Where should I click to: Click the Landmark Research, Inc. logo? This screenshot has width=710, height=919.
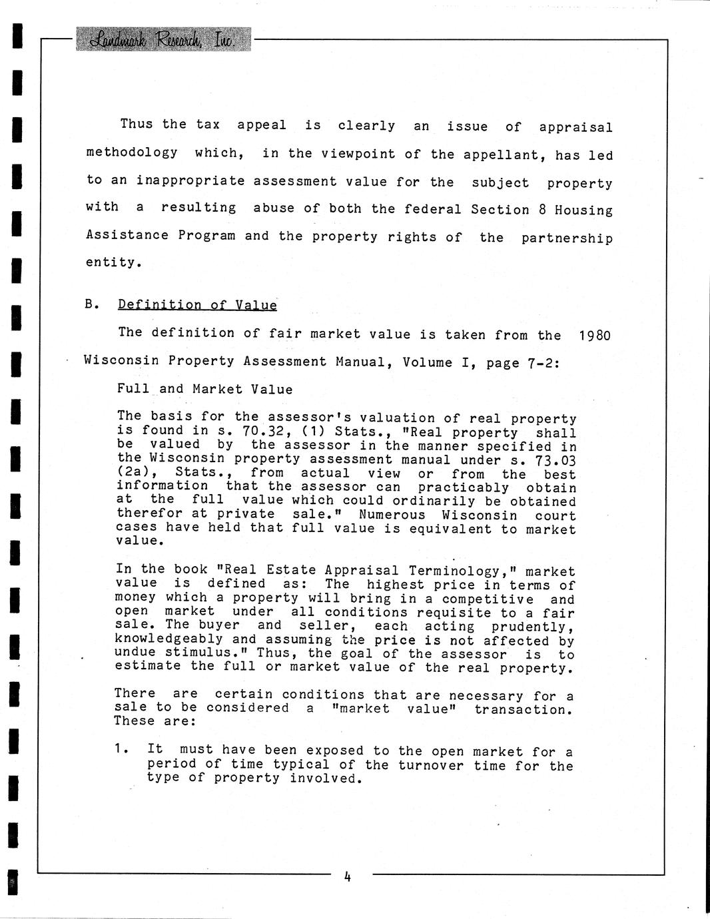(163, 40)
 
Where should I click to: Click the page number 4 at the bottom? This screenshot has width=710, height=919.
(347, 876)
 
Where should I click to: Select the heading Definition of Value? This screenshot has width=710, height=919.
(197, 305)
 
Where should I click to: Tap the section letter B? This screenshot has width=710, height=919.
(91, 304)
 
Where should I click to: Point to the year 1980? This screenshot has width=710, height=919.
(594, 335)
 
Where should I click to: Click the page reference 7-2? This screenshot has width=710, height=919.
(541, 363)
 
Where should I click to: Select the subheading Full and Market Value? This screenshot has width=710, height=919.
(204, 389)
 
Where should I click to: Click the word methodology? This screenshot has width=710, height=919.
(132, 153)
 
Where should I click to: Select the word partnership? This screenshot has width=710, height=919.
(567, 238)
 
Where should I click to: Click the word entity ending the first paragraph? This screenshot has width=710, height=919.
(113, 262)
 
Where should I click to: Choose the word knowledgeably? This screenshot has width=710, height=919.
(169, 639)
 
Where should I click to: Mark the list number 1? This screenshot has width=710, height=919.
(121, 749)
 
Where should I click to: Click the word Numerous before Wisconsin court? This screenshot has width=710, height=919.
(392, 515)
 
